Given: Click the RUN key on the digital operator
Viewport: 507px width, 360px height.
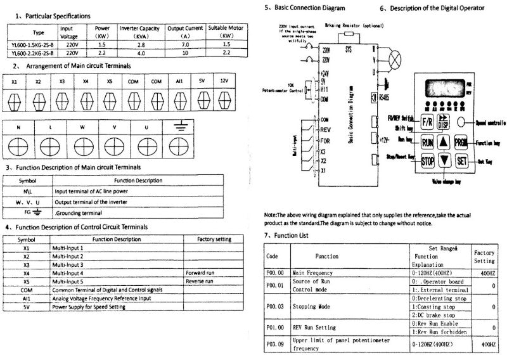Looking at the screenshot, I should (x=428, y=143).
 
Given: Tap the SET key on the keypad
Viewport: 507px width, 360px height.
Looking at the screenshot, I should (x=462, y=160).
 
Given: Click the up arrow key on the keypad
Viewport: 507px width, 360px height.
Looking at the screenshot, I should (x=445, y=143).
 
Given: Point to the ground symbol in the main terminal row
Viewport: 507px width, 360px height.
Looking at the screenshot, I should (x=181, y=127).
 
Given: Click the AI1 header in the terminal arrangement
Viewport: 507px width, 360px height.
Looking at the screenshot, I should (x=181, y=82).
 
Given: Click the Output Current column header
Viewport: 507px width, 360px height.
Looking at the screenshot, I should (x=185, y=32).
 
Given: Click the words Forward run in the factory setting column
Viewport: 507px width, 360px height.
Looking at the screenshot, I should (x=200, y=273).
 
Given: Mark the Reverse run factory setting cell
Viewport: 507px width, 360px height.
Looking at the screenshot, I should (x=200, y=281).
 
